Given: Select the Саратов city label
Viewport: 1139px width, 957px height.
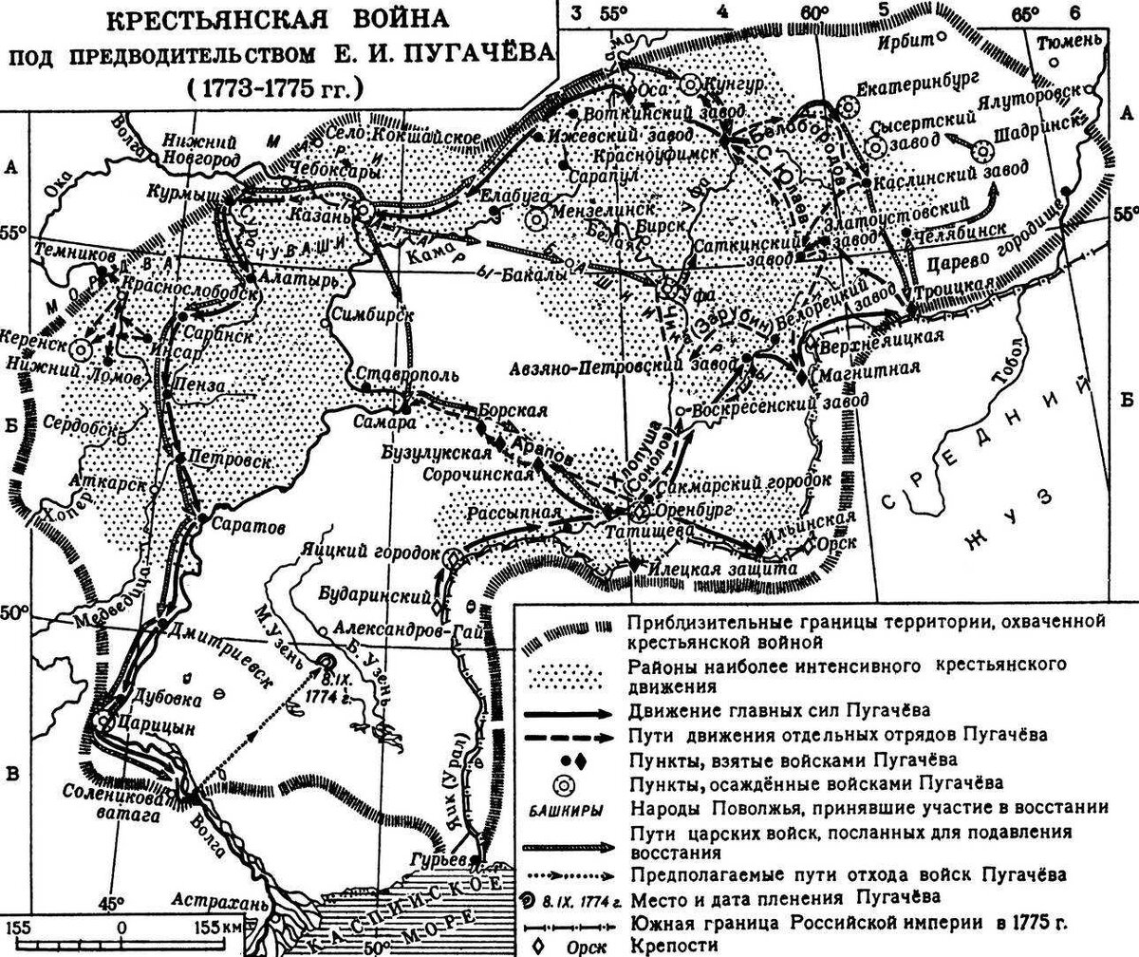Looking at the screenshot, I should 243,525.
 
